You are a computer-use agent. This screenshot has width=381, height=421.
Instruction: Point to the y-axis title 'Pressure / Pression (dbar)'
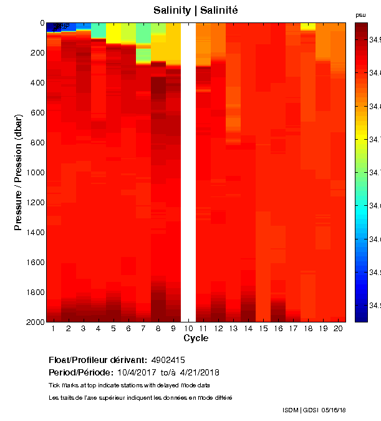coord(19,172)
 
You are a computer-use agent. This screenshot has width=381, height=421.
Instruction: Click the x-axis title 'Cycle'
coord(196,339)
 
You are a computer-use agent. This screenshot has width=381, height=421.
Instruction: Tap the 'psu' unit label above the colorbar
coord(360,14)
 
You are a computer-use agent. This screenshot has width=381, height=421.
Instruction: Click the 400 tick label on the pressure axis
coord(36,82)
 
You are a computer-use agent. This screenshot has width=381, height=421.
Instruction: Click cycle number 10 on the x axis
coord(188,328)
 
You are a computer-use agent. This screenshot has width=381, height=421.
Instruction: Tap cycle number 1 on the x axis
coord(54,328)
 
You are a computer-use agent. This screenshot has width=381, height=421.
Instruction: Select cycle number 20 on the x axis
coord(338,328)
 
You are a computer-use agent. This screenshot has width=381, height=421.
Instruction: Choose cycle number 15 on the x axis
coord(263,328)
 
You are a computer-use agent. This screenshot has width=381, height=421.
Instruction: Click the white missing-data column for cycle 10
coord(188,172)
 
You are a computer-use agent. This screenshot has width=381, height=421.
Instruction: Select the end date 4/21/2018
coord(197,372)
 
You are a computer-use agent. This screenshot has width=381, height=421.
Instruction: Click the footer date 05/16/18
coord(334,410)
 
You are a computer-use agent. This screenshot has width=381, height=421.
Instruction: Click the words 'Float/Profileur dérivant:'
coord(97,360)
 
